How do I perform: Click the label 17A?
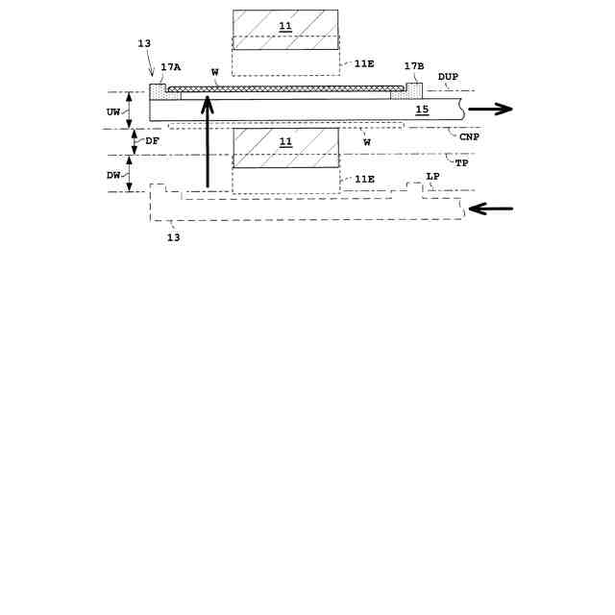(x=171, y=67)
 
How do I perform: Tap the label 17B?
(x=414, y=66)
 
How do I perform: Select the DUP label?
(x=448, y=77)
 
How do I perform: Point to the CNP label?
(x=469, y=137)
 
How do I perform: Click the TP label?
(x=461, y=163)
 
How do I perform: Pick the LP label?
(x=432, y=176)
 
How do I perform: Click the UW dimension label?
(x=113, y=111)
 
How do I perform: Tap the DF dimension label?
(x=153, y=141)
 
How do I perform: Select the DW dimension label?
(x=113, y=175)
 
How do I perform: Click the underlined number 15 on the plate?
(x=422, y=110)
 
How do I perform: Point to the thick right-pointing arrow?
(x=490, y=110)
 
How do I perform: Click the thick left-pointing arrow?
(x=490, y=209)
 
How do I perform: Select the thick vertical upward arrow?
(x=208, y=154)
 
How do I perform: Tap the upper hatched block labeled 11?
(x=285, y=30)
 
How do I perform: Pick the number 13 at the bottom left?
(x=173, y=236)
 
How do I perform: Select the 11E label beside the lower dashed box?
(x=364, y=180)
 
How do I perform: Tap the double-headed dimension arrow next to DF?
(x=136, y=142)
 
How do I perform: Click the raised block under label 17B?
(x=415, y=90)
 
